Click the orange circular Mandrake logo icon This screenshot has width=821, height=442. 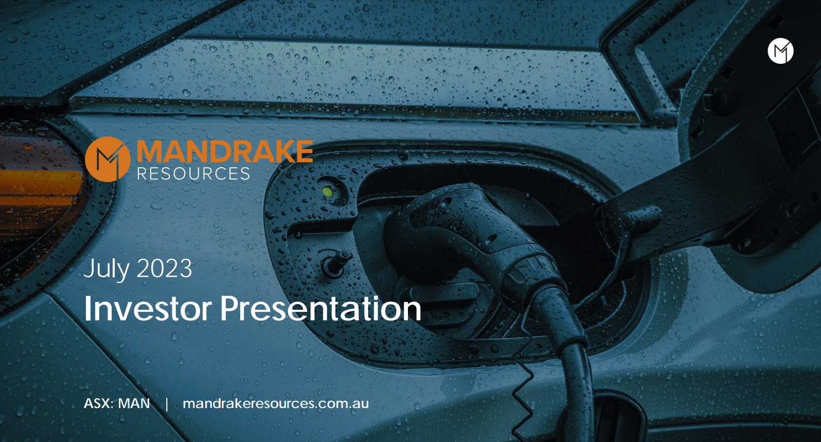pos(108,159)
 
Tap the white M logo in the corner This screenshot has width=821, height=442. pos(780,51)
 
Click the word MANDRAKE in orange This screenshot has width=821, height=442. pos(225,151)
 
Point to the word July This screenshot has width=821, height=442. pos(106,270)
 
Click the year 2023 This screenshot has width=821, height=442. pos(165,269)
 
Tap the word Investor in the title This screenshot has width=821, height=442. pos(148,309)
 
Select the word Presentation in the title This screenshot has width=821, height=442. pos(320,309)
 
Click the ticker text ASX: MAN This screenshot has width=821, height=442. pos(117,403)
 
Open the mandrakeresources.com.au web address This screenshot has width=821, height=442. pos(276,403)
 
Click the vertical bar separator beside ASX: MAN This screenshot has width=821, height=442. pos(167,404)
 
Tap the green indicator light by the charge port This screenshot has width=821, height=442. pos(327,191)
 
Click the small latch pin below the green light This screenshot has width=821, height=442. pos(336,262)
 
